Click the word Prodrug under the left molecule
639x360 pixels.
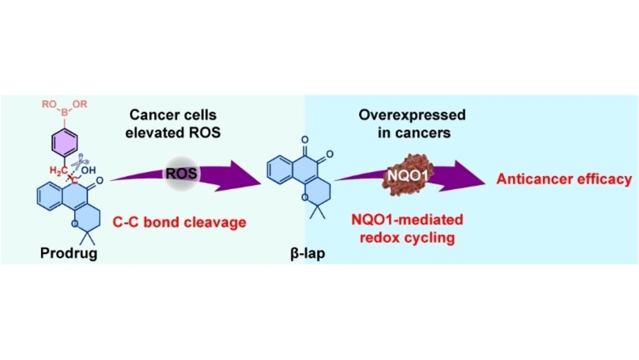coord(68,253)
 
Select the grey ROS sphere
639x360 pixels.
coord(182,173)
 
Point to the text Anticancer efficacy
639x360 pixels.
coord(564,180)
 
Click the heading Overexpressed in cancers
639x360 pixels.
coord(412,123)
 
